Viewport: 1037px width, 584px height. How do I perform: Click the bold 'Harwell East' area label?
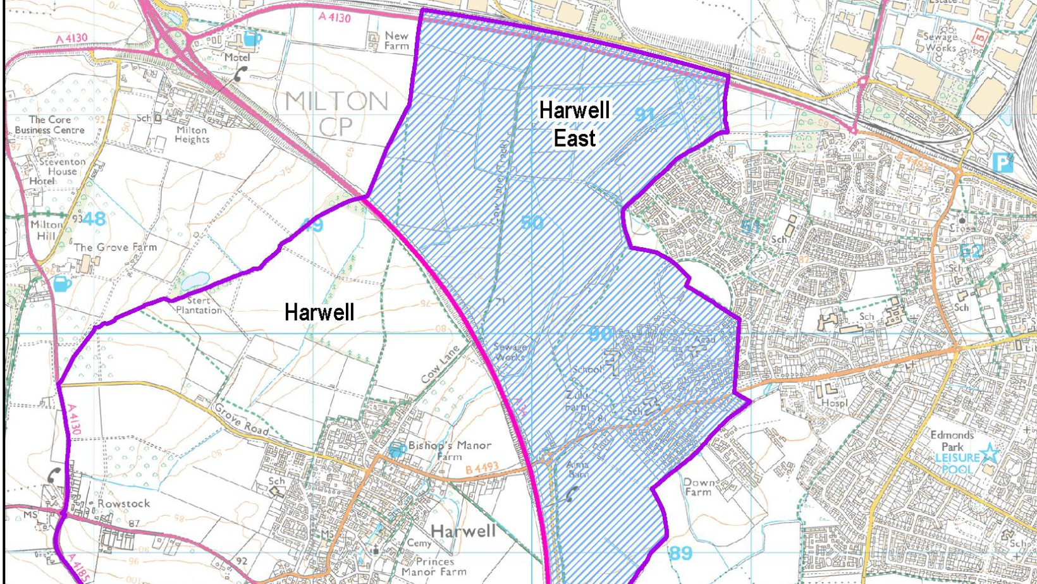click(x=574, y=124)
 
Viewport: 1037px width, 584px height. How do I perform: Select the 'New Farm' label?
click(x=396, y=40)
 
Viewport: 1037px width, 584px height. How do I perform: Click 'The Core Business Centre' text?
click(x=49, y=125)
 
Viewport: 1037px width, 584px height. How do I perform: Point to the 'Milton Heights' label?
click(x=192, y=134)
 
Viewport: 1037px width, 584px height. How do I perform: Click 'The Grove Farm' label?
click(x=115, y=247)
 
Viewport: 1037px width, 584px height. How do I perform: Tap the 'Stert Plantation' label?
click(x=199, y=305)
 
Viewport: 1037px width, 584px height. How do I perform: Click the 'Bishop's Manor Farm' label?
click(x=450, y=450)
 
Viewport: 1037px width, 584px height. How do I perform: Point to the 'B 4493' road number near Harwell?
click(x=482, y=468)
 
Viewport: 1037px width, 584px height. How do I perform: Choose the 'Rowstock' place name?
click(x=123, y=504)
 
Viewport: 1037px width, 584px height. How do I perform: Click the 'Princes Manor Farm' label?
click(x=434, y=566)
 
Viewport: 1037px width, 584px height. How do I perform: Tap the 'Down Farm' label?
click(x=698, y=487)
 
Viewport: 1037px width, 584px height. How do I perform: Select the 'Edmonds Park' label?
click(x=952, y=441)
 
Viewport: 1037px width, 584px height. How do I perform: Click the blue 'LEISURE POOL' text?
click(x=957, y=463)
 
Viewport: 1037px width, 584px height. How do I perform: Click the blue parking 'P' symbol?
click(x=1003, y=162)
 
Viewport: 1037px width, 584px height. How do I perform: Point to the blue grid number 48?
click(x=94, y=219)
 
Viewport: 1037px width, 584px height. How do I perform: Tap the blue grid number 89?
click(x=680, y=554)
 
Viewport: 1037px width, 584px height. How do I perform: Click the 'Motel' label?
click(x=237, y=57)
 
